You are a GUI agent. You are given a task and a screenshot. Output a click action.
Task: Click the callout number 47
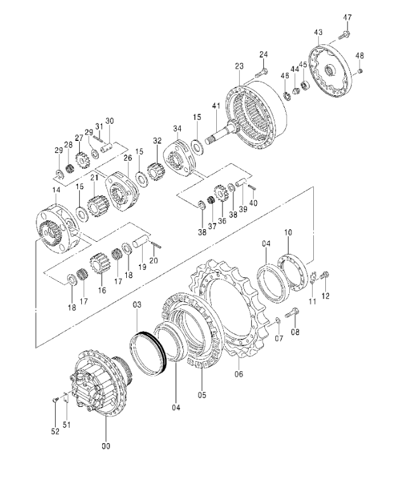tap(347, 17)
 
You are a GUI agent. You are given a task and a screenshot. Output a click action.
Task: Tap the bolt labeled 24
tap(261, 73)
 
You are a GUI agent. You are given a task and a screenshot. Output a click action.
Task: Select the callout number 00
tap(106, 446)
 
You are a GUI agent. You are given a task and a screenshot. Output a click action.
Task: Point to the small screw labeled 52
tap(55, 400)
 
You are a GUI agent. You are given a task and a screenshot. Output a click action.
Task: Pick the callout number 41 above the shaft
tap(216, 105)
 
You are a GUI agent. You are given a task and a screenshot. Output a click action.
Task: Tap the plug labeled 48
tap(360, 72)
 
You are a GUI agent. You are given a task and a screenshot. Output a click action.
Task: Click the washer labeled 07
tap(278, 321)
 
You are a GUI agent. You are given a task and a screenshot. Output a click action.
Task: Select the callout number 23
tap(239, 66)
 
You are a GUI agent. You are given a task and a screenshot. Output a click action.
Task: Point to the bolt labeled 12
tap(325, 274)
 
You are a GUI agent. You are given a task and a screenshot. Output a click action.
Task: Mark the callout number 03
tap(137, 305)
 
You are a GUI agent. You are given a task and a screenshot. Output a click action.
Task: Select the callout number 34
tap(178, 128)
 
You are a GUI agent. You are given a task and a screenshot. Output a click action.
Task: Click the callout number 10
tap(288, 232)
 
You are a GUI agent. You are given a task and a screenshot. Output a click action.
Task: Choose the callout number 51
tap(67, 425)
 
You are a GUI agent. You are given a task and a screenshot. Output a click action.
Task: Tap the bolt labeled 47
tap(344, 35)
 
